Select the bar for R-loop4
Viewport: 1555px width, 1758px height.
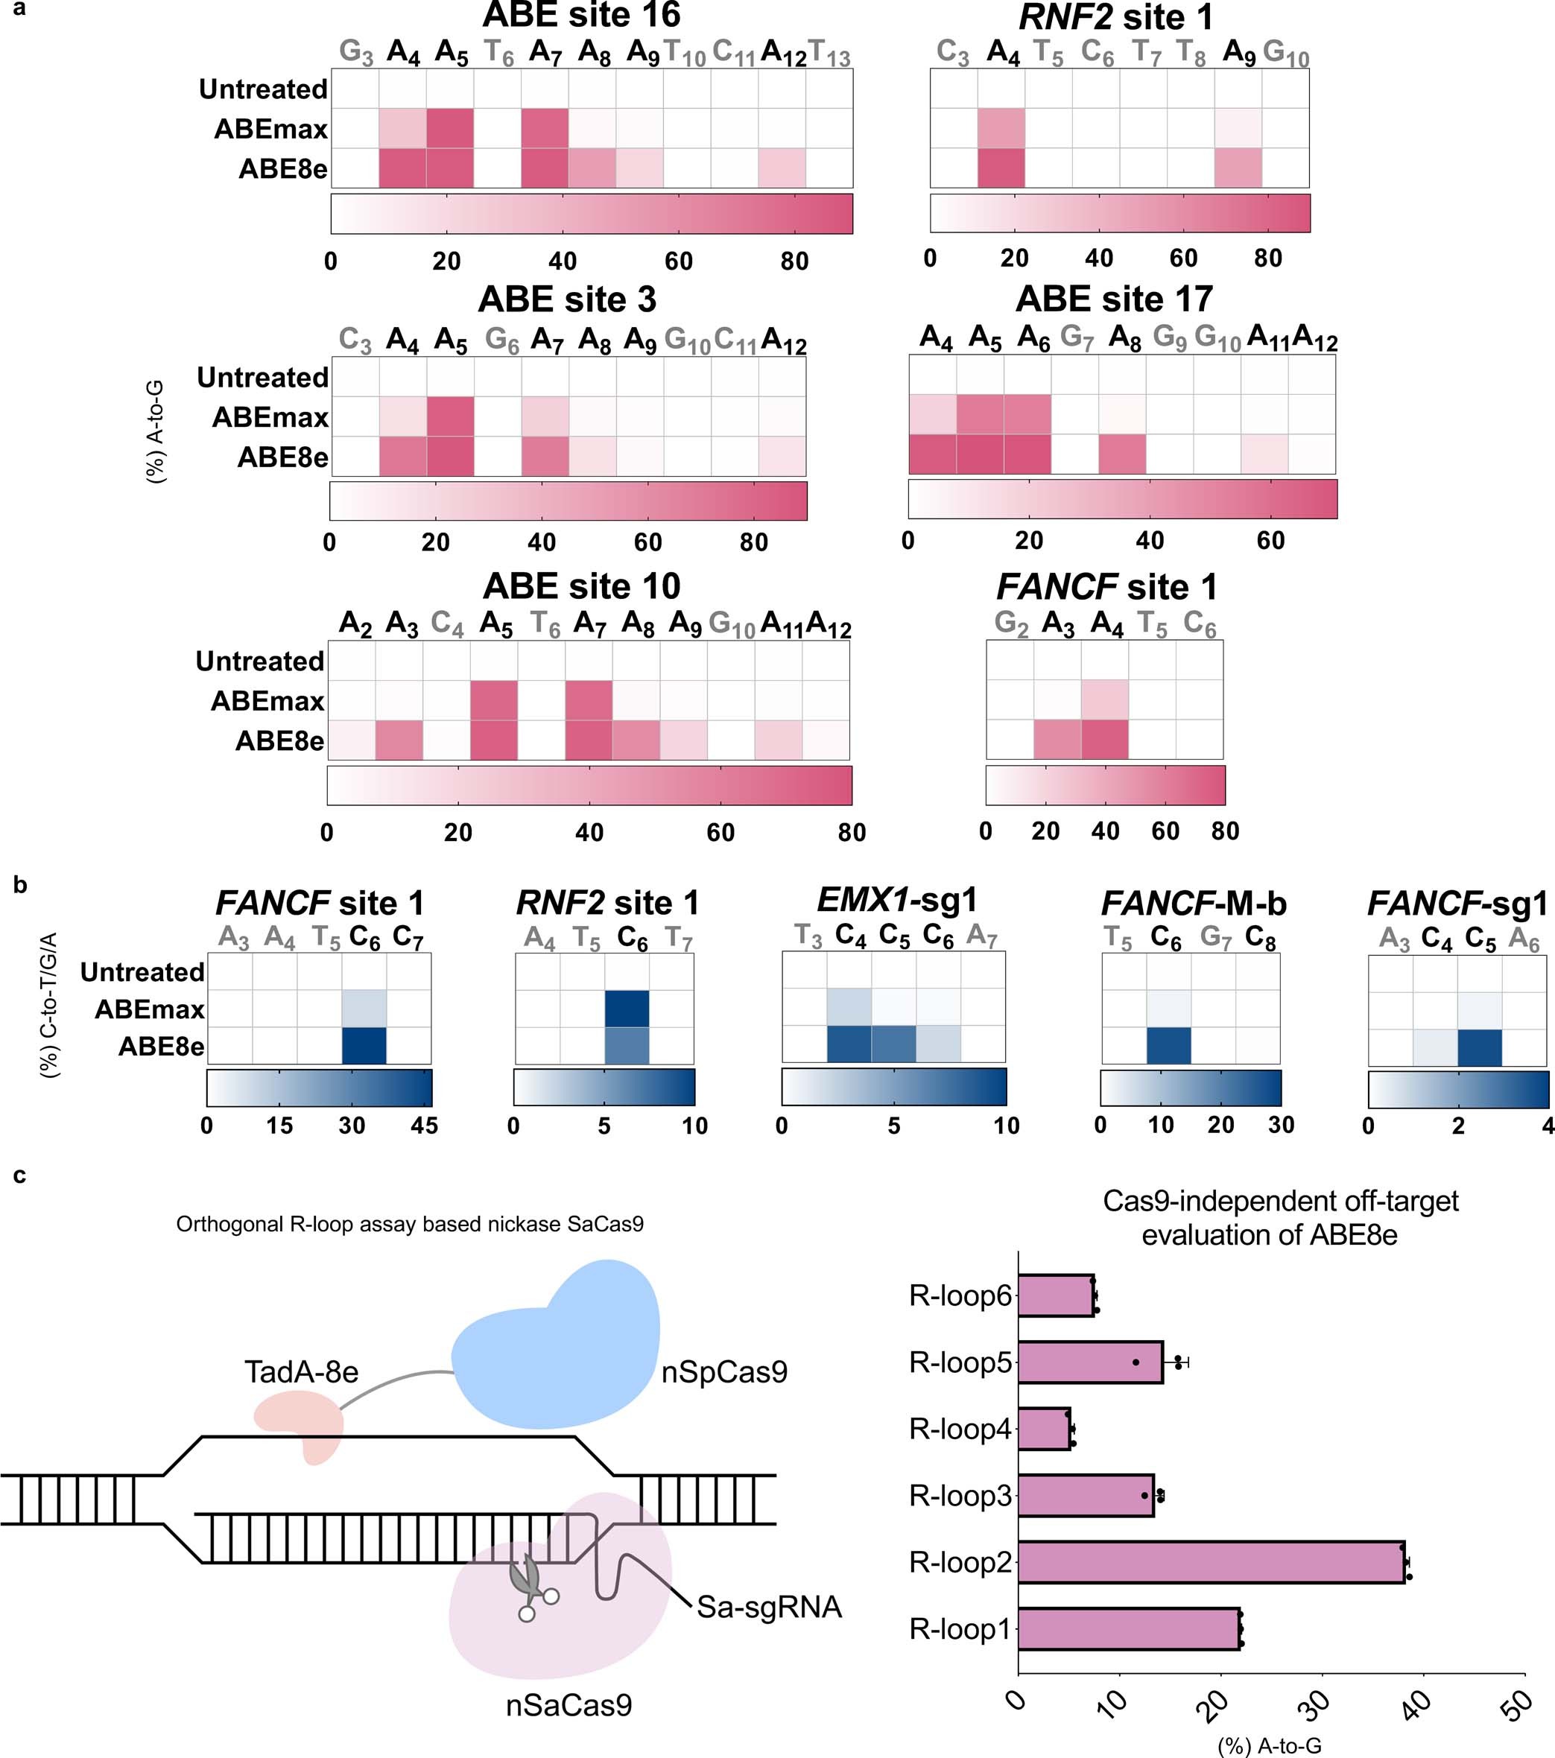(1044, 1429)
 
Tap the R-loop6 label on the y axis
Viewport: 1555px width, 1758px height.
(960, 1295)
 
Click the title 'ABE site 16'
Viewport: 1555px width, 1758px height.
(581, 16)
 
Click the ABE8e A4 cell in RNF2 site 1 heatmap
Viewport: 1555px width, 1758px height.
(1001, 168)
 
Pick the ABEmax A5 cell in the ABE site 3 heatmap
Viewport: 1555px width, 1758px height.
(450, 416)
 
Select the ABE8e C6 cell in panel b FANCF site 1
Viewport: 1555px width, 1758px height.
(364, 1046)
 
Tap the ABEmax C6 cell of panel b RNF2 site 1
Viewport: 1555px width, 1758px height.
(627, 1008)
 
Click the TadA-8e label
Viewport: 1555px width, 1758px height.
(301, 1372)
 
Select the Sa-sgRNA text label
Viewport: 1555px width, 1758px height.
(768, 1607)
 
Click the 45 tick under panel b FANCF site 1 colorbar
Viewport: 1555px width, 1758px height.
(425, 1125)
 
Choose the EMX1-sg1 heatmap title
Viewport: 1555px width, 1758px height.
(897, 900)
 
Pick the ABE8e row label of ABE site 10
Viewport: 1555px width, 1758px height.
(279, 740)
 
